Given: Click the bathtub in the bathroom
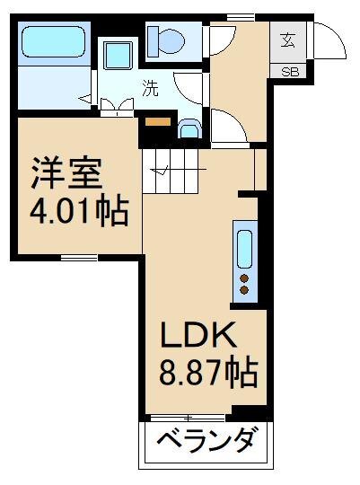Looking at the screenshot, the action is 54,41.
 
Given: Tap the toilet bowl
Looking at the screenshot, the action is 171,41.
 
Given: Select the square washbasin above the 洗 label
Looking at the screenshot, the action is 118,56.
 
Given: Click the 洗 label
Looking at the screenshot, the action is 151,88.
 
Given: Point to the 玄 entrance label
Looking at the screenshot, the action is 288,40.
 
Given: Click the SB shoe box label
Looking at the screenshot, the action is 290,72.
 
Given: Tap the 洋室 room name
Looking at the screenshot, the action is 66,173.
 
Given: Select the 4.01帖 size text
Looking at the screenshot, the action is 79,212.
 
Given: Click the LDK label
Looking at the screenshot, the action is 198,335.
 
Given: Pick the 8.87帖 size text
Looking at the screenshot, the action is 208,373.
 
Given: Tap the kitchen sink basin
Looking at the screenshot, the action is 244,250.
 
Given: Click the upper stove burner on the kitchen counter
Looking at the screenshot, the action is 244,278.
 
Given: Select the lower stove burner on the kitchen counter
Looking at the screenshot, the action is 244,290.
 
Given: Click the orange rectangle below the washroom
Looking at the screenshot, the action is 158,122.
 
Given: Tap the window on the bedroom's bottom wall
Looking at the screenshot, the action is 79,258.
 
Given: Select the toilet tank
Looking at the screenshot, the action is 153,41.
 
